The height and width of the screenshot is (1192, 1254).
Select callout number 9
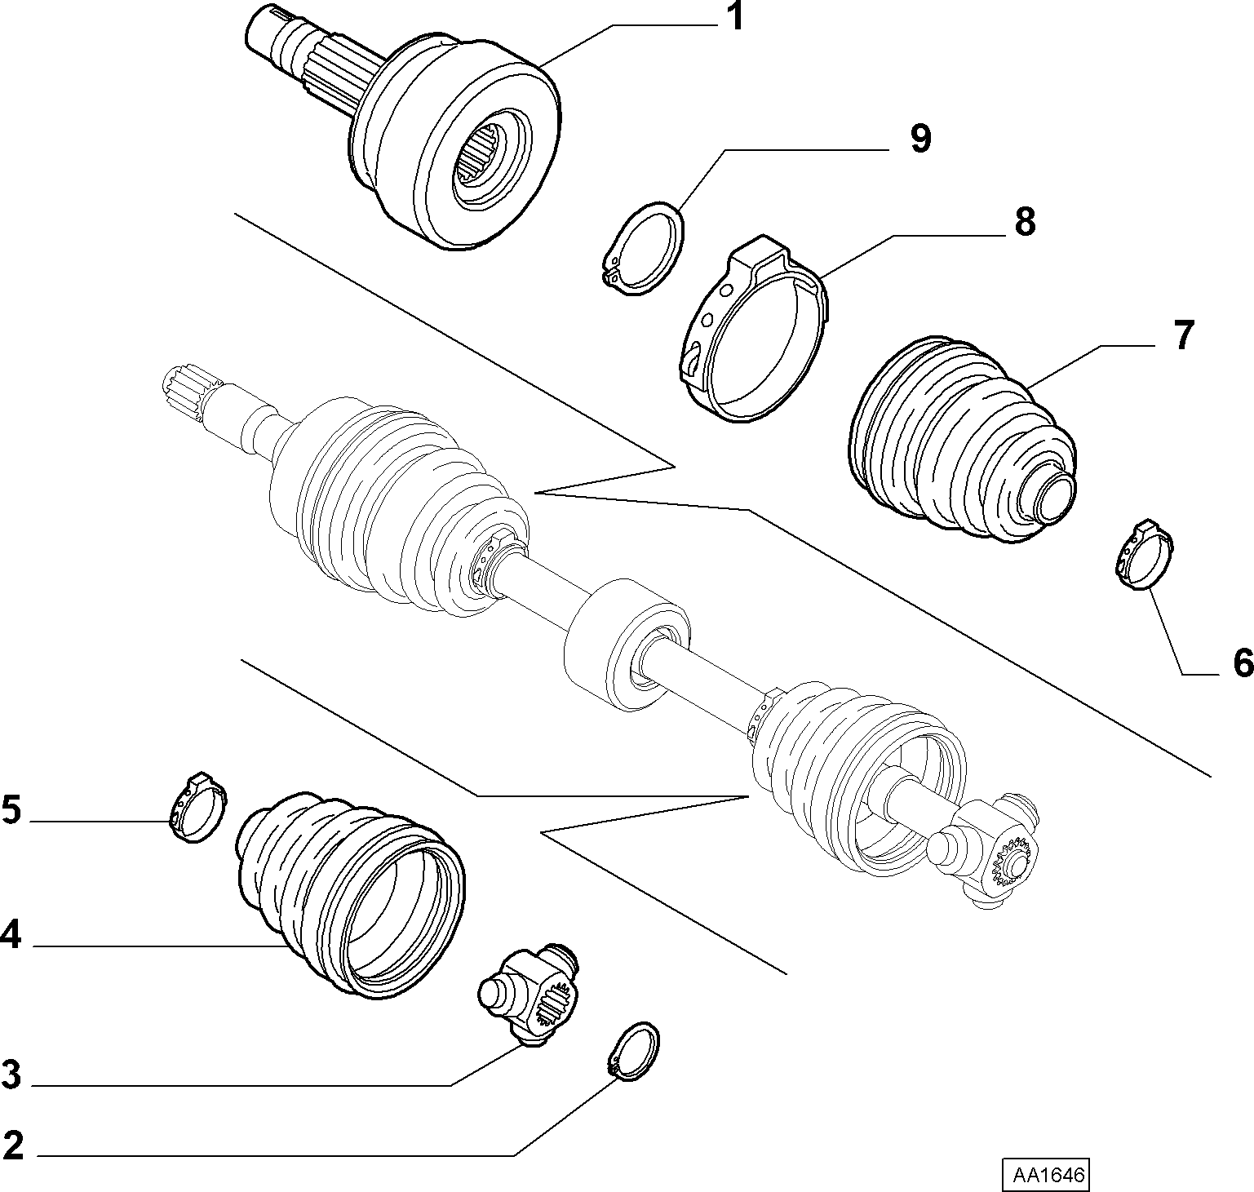click(919, 140)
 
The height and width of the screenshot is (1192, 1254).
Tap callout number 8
click(1024, 222)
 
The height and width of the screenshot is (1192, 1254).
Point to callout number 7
click(1183, 335)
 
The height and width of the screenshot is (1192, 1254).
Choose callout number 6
click(1242, 662)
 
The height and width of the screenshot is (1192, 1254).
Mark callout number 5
click(11, 811)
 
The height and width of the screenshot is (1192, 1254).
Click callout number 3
click(11, 1075)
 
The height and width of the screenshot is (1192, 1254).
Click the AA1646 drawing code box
click(1047, 1175)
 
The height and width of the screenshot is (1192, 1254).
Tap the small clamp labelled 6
click(1144, 555)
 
